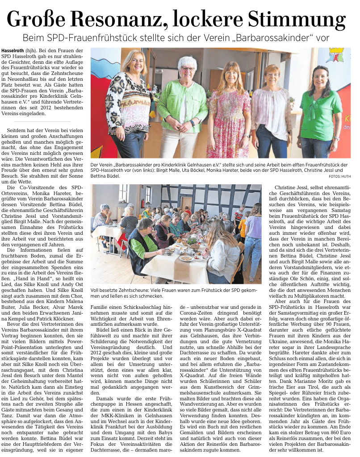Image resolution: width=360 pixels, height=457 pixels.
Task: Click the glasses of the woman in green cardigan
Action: click(187, 69)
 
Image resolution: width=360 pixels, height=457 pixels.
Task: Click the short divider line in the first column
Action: click(42, 121)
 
